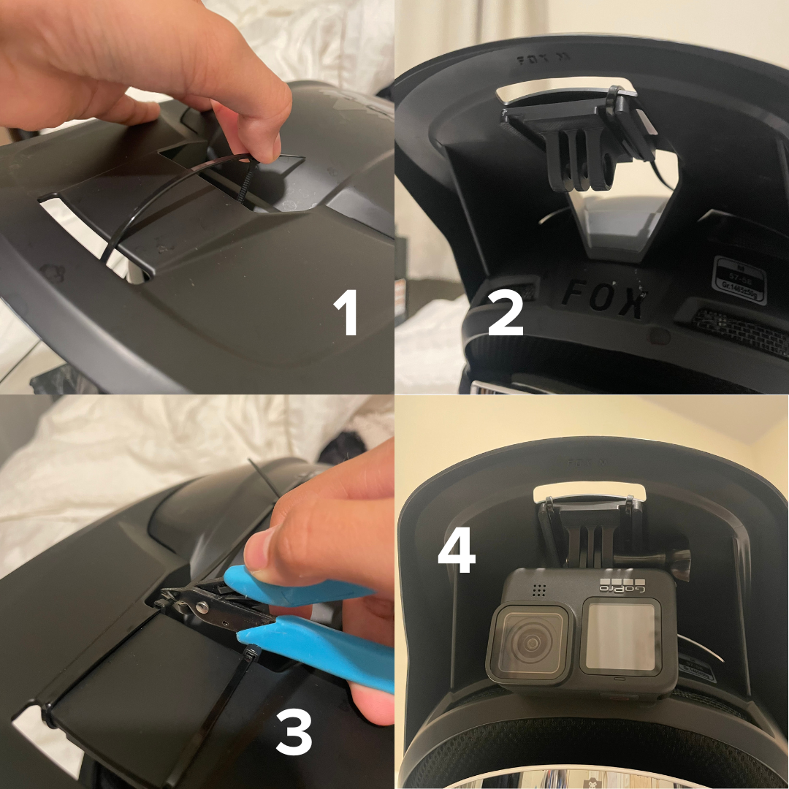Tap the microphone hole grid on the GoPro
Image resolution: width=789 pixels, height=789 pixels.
coord(540,589)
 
